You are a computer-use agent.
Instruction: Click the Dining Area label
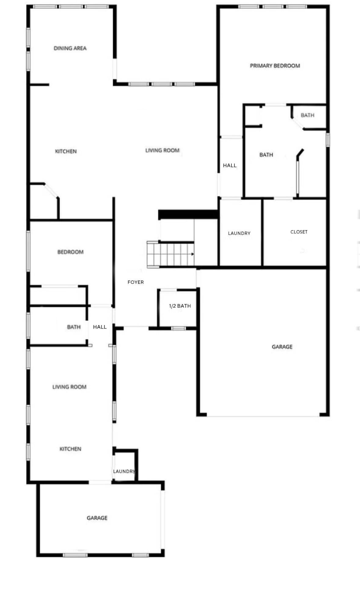[x=70, y=48]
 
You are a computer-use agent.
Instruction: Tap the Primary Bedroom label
[x=275, y=66]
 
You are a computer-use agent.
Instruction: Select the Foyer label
[x=136, y=282]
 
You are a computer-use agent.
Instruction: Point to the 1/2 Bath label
[x=180, y=306]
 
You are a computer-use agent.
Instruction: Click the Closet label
[x=299, y=232]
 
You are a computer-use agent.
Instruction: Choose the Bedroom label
[x=71, y=252]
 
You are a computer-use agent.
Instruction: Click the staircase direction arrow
[x=193, y=254]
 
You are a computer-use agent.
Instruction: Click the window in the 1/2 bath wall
[x=178, y=328]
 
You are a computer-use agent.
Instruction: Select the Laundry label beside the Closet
[x=239, y=233]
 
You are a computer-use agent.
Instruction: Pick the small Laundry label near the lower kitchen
[x=124, y=471]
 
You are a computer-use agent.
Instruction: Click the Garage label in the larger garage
[x=282, y=347]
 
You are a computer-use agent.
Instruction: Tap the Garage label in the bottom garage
[x=97, y=518]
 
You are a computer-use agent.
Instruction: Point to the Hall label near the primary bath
[x=230, y=165]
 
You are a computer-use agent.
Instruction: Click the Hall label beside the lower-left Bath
[x=100, y=327]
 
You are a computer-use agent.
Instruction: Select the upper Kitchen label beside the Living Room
[x=66, y=151]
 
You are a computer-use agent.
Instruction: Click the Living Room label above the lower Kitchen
[x=69, y=387]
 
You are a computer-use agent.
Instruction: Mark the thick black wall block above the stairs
[x=188, y=214]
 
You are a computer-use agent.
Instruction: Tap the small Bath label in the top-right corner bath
[x=307, y=115]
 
